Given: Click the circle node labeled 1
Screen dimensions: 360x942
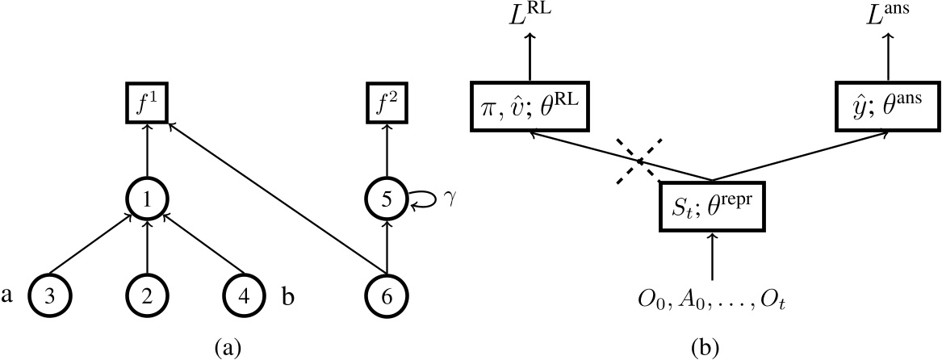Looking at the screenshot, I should tap(147, 197).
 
